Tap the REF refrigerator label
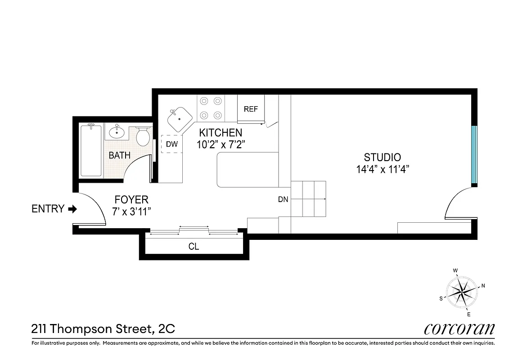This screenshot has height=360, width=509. (x=251, y=109)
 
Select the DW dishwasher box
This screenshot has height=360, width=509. (x=171, y=144)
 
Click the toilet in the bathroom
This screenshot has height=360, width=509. (x=143, y=136)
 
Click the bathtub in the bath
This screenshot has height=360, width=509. (x=91, y=151)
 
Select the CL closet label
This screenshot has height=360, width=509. (x=194, y=247)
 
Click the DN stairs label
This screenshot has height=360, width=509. (x=283, y=199)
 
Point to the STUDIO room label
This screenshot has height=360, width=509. (x=382, y=157)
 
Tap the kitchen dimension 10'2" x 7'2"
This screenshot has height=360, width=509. (x=221, y=145)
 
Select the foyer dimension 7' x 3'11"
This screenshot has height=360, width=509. (x=131, y=211)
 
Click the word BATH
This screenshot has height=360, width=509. (x=120, y=155)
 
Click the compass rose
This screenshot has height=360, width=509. (x=462, y=292)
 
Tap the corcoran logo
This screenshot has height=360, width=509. (x=459, y=329)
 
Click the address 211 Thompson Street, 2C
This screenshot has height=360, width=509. (x=103, y=329)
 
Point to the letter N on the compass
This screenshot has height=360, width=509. (x=483, y=285)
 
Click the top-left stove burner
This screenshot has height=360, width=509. (x=204, y=101)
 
